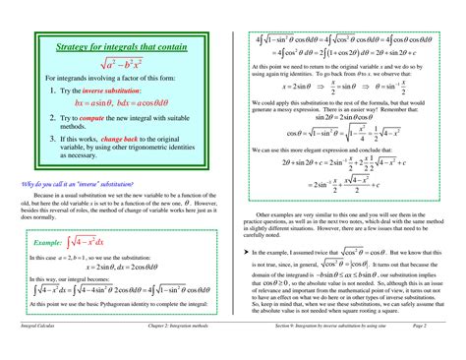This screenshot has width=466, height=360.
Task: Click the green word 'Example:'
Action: click(x=48, y=241)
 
